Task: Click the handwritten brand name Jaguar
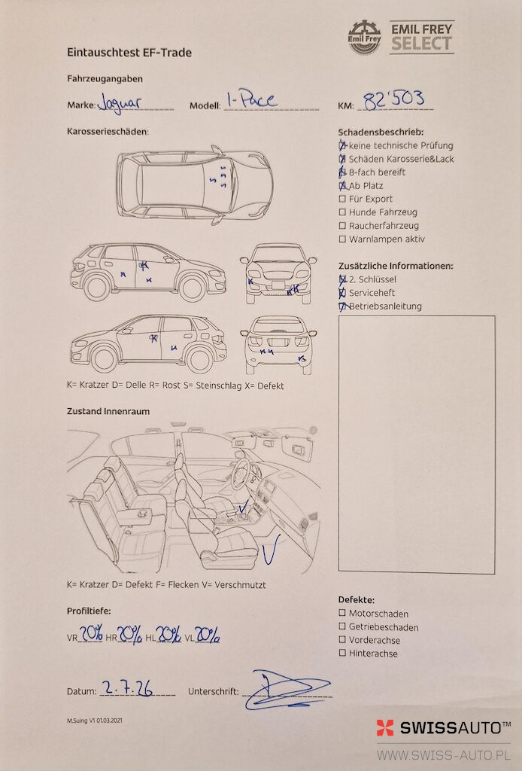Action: tap(120, 102)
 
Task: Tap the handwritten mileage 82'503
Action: tap(394, 99)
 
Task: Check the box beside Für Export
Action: tap(342, 199)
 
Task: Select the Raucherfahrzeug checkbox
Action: tap(342, 226)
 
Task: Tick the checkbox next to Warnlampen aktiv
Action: tap(342, 239)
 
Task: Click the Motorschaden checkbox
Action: tap(342, 613)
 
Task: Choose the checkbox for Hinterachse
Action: tap(342, 653)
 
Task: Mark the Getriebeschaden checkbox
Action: tap(342, 626)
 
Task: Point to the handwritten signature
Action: tap(287, 690)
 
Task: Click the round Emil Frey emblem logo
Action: tap(364, 38)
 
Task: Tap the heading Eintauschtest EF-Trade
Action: tap(129, 53)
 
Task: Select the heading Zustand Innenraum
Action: tap(108, 412)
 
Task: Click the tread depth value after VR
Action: tap(91, 633)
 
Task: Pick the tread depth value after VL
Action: tap(208, 635)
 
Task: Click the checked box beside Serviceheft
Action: tap(342, 293)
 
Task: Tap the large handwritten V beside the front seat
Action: tap(271, 549)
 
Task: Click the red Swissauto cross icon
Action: tap(385, 728)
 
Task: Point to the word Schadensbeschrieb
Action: tap(381, 133)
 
